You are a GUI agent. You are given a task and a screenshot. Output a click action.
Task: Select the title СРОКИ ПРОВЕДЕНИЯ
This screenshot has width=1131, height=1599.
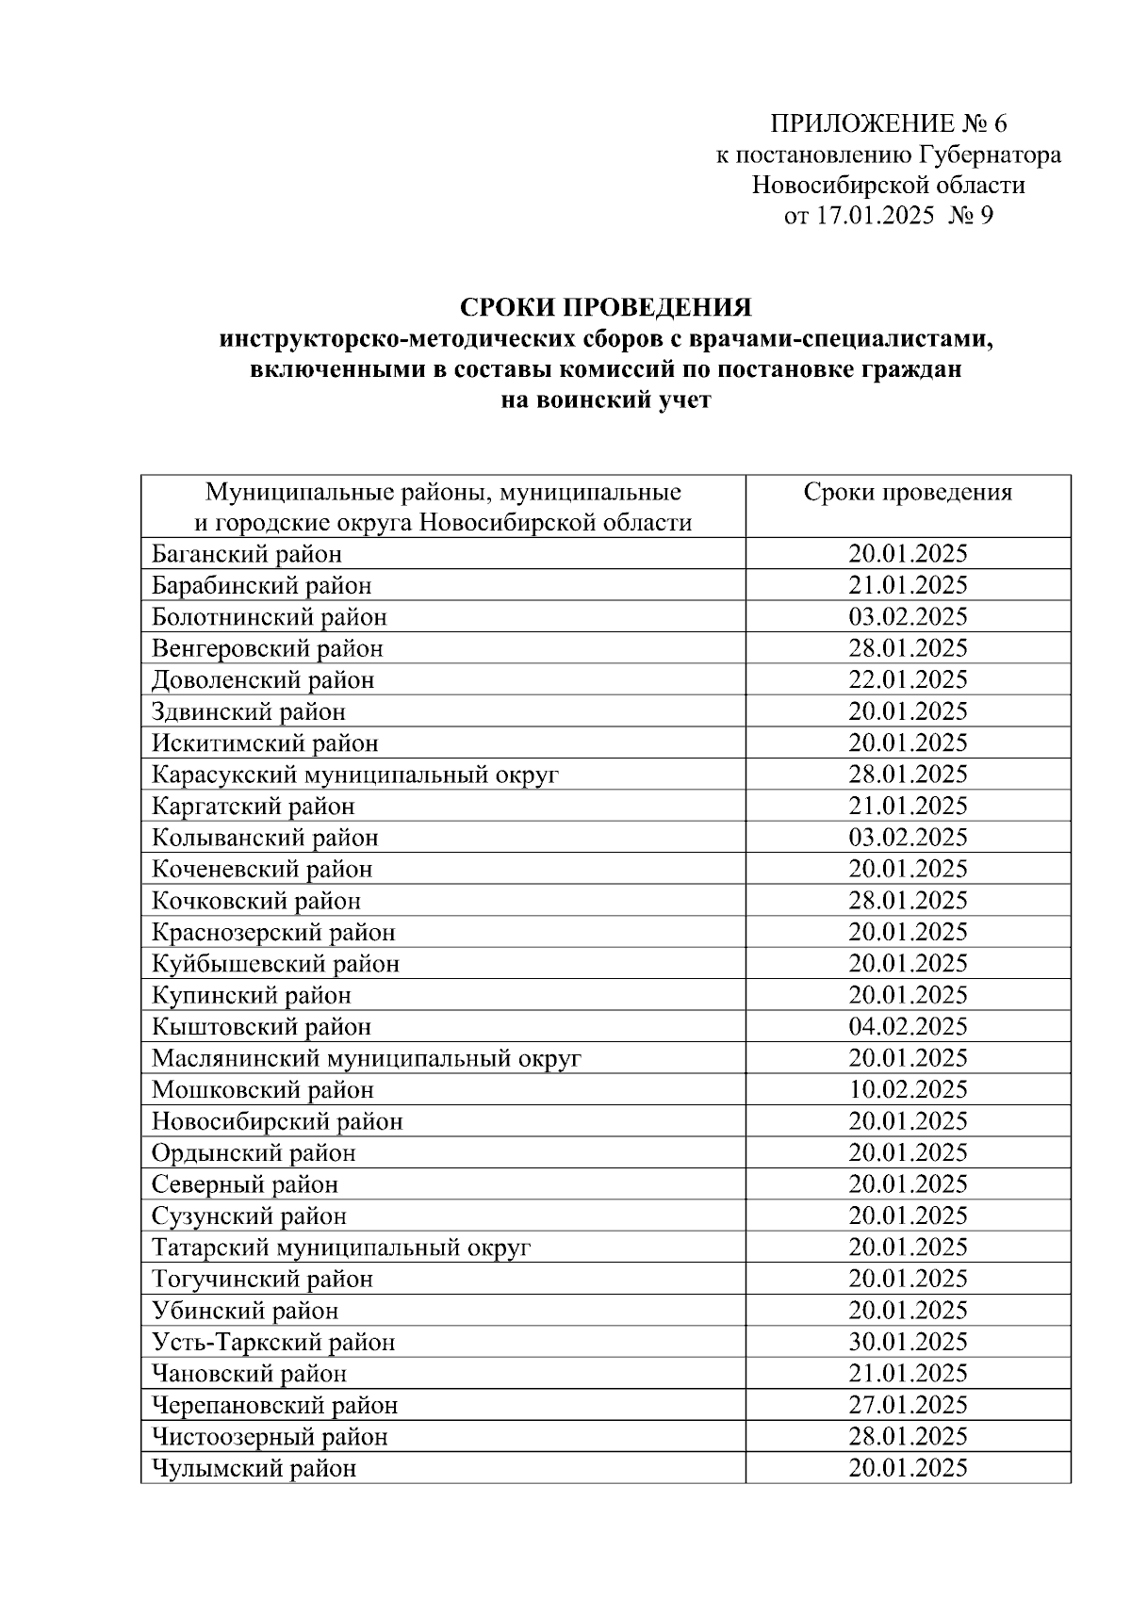(x=605, y=309)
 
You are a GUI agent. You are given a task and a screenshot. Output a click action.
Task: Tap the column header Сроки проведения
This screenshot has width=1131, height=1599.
(x=908, y=493)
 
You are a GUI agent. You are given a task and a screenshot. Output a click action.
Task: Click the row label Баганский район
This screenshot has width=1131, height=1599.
(x=247, y=554)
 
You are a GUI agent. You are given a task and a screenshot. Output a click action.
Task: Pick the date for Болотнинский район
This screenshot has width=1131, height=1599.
(x=908, y=617)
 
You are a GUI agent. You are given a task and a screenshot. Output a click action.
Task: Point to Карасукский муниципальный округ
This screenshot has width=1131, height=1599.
(x=355, y=775)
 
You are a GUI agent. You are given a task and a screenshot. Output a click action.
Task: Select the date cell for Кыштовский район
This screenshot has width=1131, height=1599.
(x=908, y=1026)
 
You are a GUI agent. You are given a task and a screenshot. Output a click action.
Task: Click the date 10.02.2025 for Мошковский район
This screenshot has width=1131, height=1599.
(x=908, y=1089)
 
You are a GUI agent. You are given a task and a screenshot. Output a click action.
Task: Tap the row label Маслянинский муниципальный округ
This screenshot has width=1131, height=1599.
(x=367, y=1058)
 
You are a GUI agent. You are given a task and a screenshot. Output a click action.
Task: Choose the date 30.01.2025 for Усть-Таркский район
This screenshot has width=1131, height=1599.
(x=908, y=1342)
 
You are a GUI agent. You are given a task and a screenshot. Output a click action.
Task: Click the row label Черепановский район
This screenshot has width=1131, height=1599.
(x=275, y=1405)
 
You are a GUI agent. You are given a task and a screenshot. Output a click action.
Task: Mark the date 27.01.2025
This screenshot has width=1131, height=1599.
(x=908, y=1405)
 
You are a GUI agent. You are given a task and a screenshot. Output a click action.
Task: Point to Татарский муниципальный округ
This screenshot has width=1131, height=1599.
(x=341, y=1248)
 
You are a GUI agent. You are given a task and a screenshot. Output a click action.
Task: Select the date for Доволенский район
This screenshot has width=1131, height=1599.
(x=908, y=680)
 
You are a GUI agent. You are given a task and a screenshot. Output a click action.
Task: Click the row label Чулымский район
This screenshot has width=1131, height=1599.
(x=254, y=1468)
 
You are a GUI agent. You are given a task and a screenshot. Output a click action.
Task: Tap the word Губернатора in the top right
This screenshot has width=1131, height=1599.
(x=990, y=155)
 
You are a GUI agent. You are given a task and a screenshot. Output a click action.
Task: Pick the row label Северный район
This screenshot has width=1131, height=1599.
(x=245, y=1184)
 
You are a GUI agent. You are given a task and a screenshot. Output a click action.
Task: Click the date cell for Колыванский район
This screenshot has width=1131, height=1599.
(x=908, y=838)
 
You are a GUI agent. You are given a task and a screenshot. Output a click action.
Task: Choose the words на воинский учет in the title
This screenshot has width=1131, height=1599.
(x=605, y=400)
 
